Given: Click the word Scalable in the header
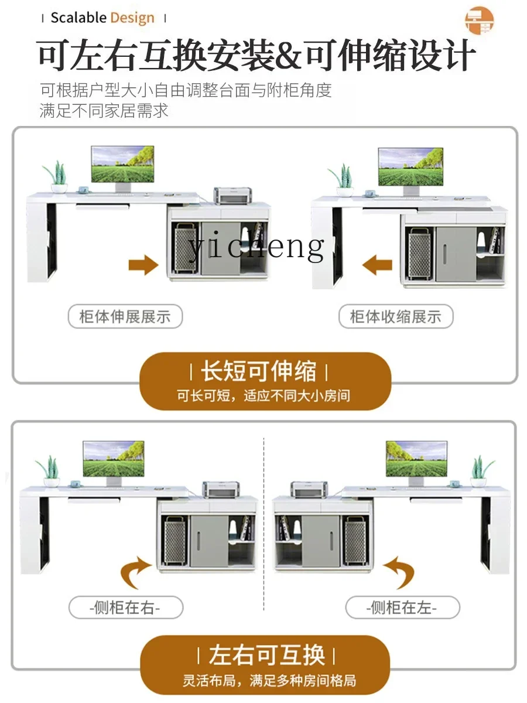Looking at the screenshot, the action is pyautogui.click(x=78, y=18).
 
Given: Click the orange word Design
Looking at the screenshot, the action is pyautogui.click(x=132, y=19).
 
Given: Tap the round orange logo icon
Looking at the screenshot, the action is pyautogui.click(x=480, y=20).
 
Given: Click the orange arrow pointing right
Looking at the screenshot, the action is pyautogui.click(x=143, y=265).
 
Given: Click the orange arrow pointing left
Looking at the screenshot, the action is pyautogui.click(x=377, y=265).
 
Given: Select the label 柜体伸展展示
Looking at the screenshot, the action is pyautogui.click(x=125, y=316).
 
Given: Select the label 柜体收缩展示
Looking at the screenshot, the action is pyautogui.click(x=396, y=316).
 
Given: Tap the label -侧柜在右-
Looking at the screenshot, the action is pyautogui.click(x=126, y=608).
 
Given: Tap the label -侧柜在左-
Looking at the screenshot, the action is pyautogui.click(x=402, y=608).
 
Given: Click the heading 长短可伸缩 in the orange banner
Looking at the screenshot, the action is pyautogui.click(x=259, y=371).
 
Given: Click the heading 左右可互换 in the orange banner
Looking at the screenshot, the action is pyautogui.click(x=266, y=655).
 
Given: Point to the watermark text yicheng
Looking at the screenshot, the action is pyautogui.click(x=256, y=246).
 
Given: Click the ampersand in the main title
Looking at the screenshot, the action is pyautogui.click(x=287, y=55).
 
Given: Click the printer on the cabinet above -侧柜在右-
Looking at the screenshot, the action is pyautogui.click(x=221, y=489).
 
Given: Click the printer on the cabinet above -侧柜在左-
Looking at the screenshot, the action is pyautogui.click(x=309, y=489).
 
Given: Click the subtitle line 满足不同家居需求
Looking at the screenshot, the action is pyautogui.click(x=104, y=111).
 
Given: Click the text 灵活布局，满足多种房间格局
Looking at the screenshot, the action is pyautogui.click(x=269, y=680).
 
